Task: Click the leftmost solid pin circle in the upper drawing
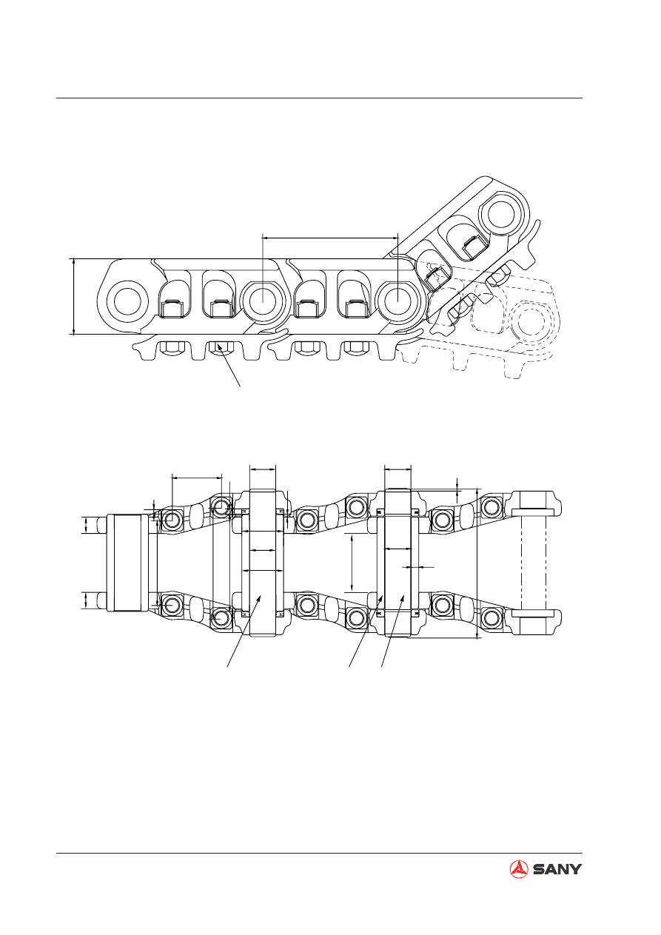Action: (127, 301)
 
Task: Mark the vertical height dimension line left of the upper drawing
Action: (73, 296)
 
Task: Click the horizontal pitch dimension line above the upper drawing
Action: (330, 238)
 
